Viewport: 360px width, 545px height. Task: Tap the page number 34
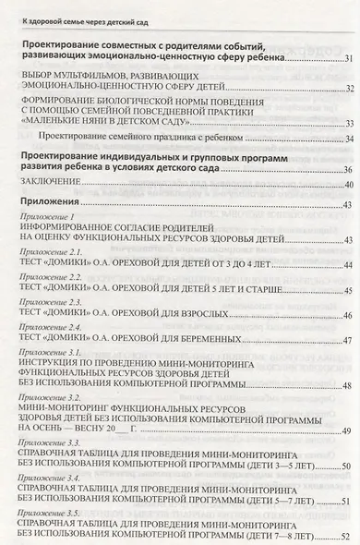pos(347,138)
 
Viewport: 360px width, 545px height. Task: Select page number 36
pos(347,170)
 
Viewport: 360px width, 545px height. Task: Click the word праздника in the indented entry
pos(163,138)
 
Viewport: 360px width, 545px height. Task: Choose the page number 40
pos(347,184)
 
